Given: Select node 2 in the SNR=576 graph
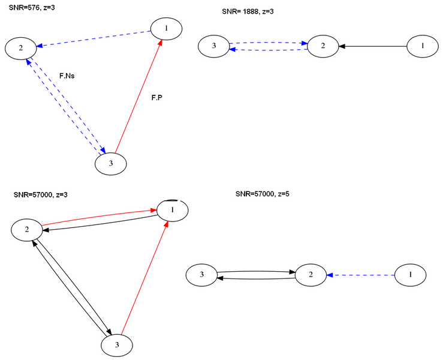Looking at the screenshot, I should [21, 48].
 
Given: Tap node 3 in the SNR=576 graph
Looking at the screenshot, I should [111, 164].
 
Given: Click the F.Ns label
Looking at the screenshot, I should [67, 76].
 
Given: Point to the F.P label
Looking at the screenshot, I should [157, 97].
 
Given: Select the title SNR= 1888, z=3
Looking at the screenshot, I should [248, 11].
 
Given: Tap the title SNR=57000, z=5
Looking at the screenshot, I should [263, 194].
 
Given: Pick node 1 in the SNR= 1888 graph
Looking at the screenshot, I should [423, 46].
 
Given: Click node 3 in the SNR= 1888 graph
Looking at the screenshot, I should [213, 46].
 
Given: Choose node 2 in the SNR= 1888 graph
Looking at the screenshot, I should [323, 46].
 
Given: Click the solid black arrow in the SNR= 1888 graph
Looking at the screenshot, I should [372, 46].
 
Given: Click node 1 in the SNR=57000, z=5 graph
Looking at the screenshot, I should [410, 275].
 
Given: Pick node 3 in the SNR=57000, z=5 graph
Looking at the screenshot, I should [201, 275].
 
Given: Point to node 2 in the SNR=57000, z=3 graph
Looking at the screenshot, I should [27, 229].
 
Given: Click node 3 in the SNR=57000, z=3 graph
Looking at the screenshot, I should [117, 345].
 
